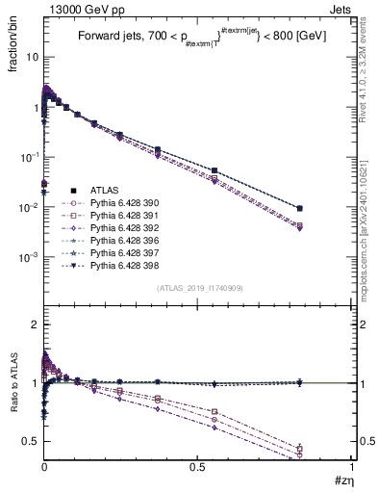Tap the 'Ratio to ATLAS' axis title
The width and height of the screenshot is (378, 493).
(x=14, y=383)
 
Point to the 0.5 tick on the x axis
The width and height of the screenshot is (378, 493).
(x=197, y=469)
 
